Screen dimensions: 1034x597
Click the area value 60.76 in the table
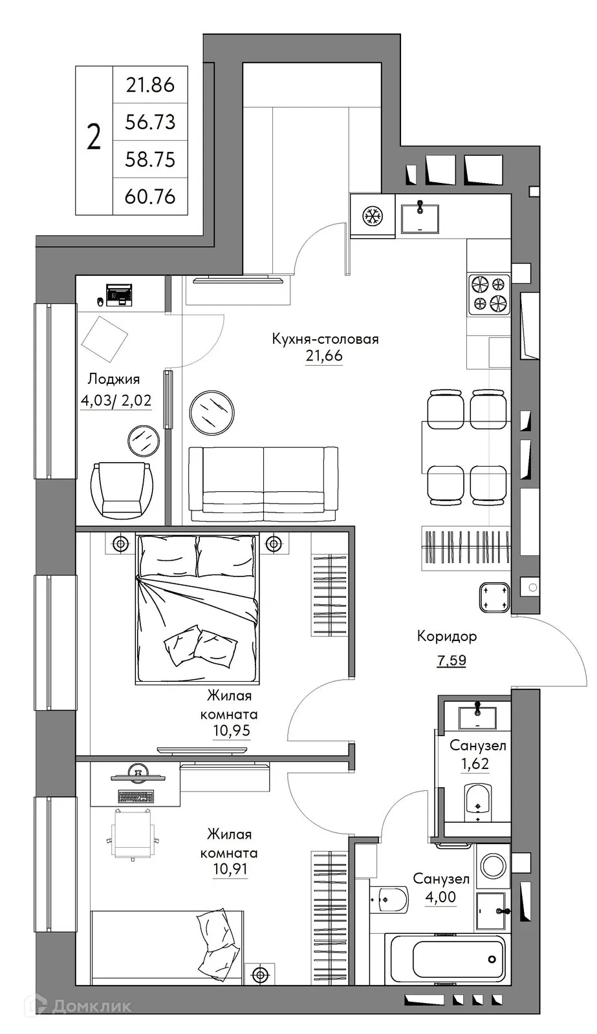150,196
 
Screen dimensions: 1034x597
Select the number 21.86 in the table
150,85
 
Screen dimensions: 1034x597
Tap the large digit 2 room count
94,138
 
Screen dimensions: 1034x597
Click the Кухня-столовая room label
325,339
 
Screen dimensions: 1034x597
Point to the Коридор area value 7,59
451,660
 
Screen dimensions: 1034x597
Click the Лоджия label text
113,379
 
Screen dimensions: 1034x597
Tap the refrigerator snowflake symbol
372,216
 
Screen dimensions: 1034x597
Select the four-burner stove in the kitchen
489,293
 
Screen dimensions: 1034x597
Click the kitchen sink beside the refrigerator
420,218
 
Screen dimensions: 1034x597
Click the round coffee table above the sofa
212,411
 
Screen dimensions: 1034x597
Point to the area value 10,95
231,731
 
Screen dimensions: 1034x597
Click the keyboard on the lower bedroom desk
135,796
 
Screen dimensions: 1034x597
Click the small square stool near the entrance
495,596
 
